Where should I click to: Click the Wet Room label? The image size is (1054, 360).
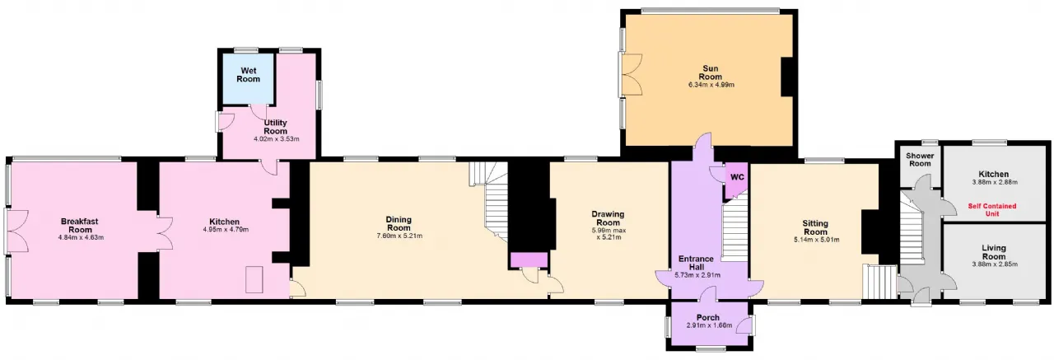(248, 75)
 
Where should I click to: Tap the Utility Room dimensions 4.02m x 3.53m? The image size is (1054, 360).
(276, 139)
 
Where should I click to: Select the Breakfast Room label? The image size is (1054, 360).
(80, 226)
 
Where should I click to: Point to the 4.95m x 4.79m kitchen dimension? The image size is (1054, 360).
(226, 230)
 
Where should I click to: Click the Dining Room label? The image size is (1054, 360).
(399, 223)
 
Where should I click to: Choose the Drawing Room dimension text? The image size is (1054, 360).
(609, 234)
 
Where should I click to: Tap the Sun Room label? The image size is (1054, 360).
(710, 72)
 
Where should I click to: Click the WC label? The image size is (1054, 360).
(737, 177)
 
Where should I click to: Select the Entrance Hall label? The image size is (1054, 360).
(696, 263)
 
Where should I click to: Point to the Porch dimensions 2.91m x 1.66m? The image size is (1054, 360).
(709, 325)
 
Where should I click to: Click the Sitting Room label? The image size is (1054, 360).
(815, 227)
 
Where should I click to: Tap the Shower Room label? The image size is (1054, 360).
(920, 160)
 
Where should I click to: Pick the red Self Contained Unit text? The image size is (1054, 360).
(992, 209)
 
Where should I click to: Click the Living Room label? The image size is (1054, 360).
(994, 252)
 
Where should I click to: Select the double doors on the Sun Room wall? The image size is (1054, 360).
(631, 75)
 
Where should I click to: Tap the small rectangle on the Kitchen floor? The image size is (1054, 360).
(254, 280)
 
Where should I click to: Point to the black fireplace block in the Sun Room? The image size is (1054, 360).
(789, 77)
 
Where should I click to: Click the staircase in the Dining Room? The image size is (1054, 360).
(490, 200)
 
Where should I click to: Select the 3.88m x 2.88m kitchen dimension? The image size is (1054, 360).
(994, 182)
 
